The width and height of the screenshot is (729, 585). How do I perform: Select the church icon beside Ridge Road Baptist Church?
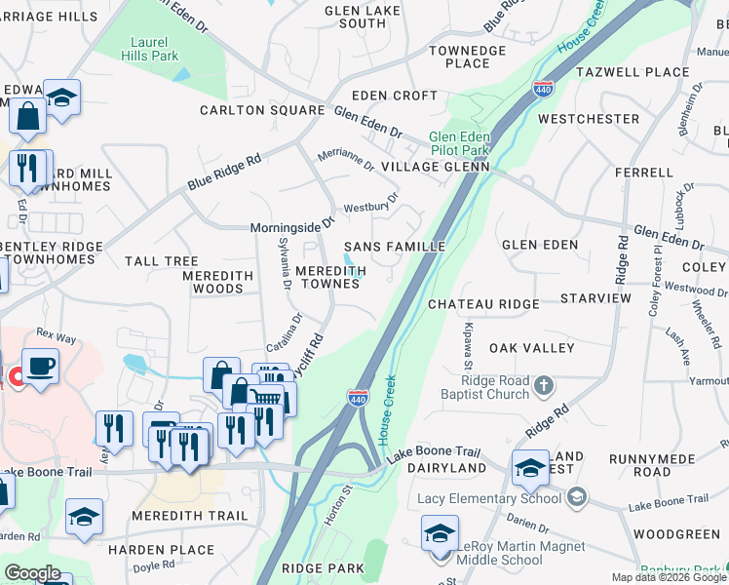[545, 388]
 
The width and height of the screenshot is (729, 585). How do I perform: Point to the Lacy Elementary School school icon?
[577, 498]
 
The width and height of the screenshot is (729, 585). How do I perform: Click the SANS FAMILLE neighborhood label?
[394, 247]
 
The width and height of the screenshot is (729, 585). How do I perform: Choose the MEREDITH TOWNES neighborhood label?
[331, 277]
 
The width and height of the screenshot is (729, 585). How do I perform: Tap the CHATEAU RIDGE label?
[481, 304]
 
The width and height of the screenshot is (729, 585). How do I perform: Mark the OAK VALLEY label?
[527, 347]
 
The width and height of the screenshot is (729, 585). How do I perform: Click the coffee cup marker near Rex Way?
[40, 367]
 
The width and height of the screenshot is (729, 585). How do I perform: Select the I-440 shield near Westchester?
[544, 89]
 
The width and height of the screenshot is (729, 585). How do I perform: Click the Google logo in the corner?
[32, 573]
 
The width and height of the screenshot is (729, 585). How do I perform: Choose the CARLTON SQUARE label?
[262, 110]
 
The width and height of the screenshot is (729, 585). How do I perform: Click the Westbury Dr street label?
[371, 207]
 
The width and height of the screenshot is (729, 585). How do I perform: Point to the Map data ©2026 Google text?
[669, 577]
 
